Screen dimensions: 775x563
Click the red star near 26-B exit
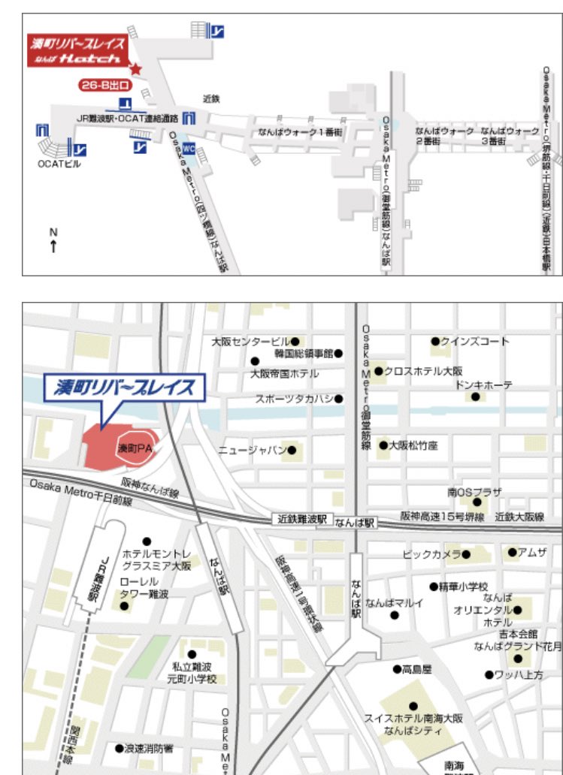click(135, 69)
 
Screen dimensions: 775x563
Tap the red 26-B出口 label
click(104, 86)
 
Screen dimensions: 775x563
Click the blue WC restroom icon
click(189, 148)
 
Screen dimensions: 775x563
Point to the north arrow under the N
click(53, 246)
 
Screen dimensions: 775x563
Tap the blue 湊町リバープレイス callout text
click(124, 387)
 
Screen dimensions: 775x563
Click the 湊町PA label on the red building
click(135, 448)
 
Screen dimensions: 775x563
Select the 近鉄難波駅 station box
click(301, 519)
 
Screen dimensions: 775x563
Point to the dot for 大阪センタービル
click(295, 341)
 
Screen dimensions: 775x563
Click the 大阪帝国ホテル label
click(285, 373)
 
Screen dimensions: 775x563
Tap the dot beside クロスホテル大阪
click(378, 371)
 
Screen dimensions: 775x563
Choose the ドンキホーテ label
click(484, 384)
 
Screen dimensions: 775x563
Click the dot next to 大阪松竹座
click(383, 445)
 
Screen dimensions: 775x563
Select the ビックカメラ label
click(431, 554)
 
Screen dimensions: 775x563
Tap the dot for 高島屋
click(396, 668)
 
